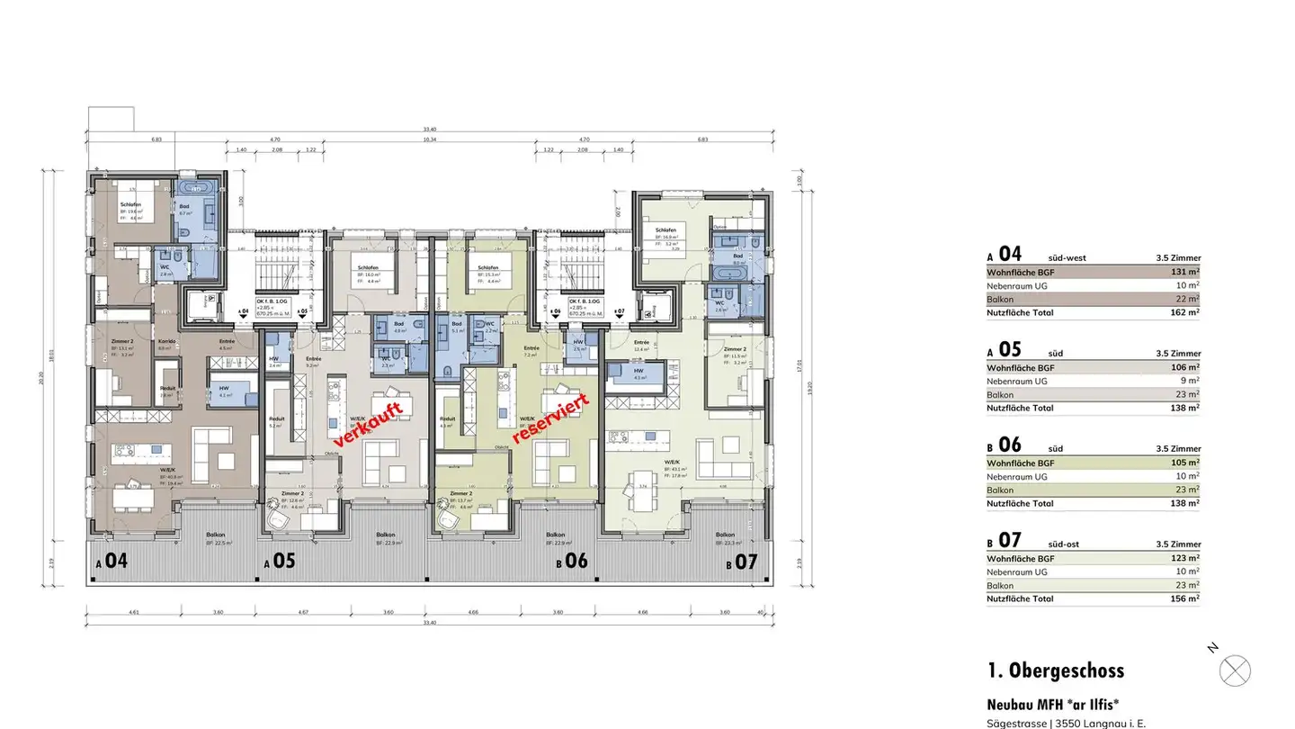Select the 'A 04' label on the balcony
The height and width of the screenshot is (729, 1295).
pos(112,561)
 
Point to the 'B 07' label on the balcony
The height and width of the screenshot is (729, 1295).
pos(742,562)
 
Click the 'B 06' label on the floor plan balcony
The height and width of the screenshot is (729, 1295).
pos(572,561)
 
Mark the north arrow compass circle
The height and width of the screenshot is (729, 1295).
pos(1235,670)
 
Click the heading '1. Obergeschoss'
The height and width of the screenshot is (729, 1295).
pos(1055,670)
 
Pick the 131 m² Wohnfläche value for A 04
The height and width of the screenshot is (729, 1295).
pos(1186,272)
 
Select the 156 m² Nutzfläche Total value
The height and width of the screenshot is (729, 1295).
pos(1186,598)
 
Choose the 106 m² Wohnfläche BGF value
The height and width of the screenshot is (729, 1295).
pos(1186,367)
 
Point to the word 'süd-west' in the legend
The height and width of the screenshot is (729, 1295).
pos(1067,258)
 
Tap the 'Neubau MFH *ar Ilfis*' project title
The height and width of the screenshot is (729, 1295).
pos(1052,705)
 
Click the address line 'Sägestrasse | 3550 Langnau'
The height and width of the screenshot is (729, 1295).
pos(1066,723)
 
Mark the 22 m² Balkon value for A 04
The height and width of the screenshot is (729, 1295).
pos(1188,299)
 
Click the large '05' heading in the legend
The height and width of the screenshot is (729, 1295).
pos(1010,349)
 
